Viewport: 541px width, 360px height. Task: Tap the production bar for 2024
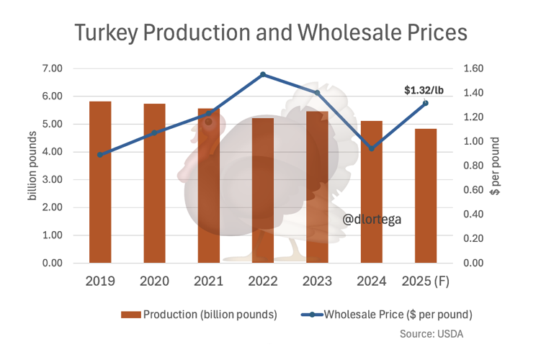point(371,192)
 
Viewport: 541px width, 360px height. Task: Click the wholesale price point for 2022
point(263,74)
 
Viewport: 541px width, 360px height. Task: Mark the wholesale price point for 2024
point(371,148)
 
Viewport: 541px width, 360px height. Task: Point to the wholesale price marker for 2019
point(100,155)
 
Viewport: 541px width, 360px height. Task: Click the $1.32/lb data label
point(424,90)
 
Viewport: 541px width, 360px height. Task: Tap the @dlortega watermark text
point(372,219)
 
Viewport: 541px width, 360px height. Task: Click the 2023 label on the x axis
point(317,281)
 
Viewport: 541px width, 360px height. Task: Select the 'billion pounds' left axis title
point(33,166)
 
